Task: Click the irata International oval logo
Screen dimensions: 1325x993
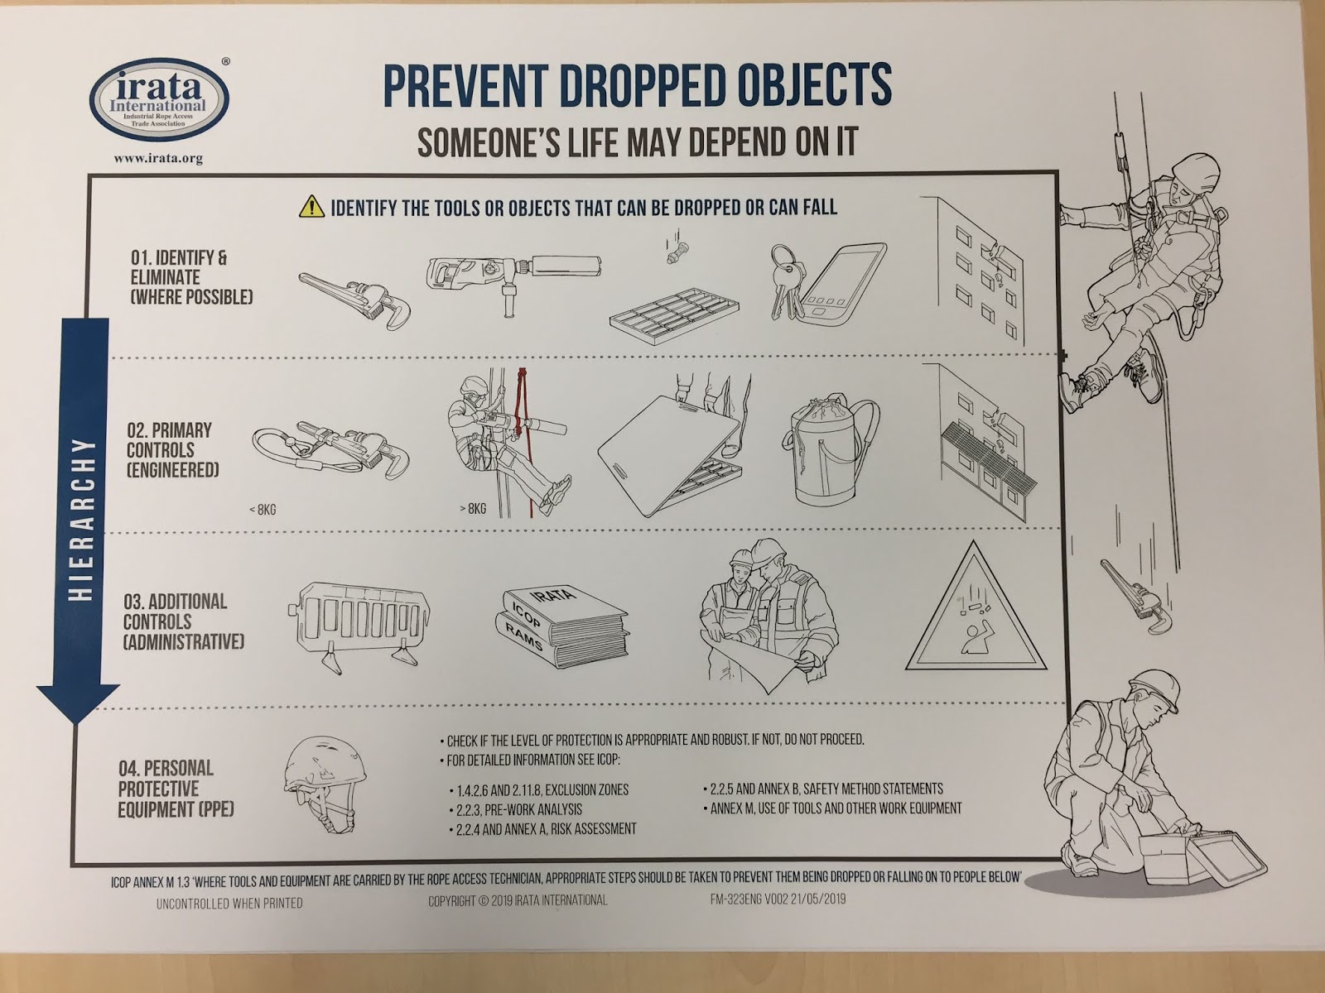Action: pyautogui.click(x=159, y=100)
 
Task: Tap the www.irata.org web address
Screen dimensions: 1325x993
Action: pyautogui.click(x=158, y=159)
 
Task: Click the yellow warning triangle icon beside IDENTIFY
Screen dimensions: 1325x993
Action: pyautogui.click(x=311, y=206)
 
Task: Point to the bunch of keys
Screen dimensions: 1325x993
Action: pyautogui.click(x=786, y=279)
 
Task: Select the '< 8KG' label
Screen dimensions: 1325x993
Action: pyautogui.click(x=263, y=510)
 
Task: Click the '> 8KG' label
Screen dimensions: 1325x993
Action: pyautogui.click(x=473, y=509)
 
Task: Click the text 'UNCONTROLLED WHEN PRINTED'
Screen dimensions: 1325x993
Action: pyautogui.click(x=229, y=904)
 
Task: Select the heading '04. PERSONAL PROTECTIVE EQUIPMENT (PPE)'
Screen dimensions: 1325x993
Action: pyautogui.click(x=176, y=789)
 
